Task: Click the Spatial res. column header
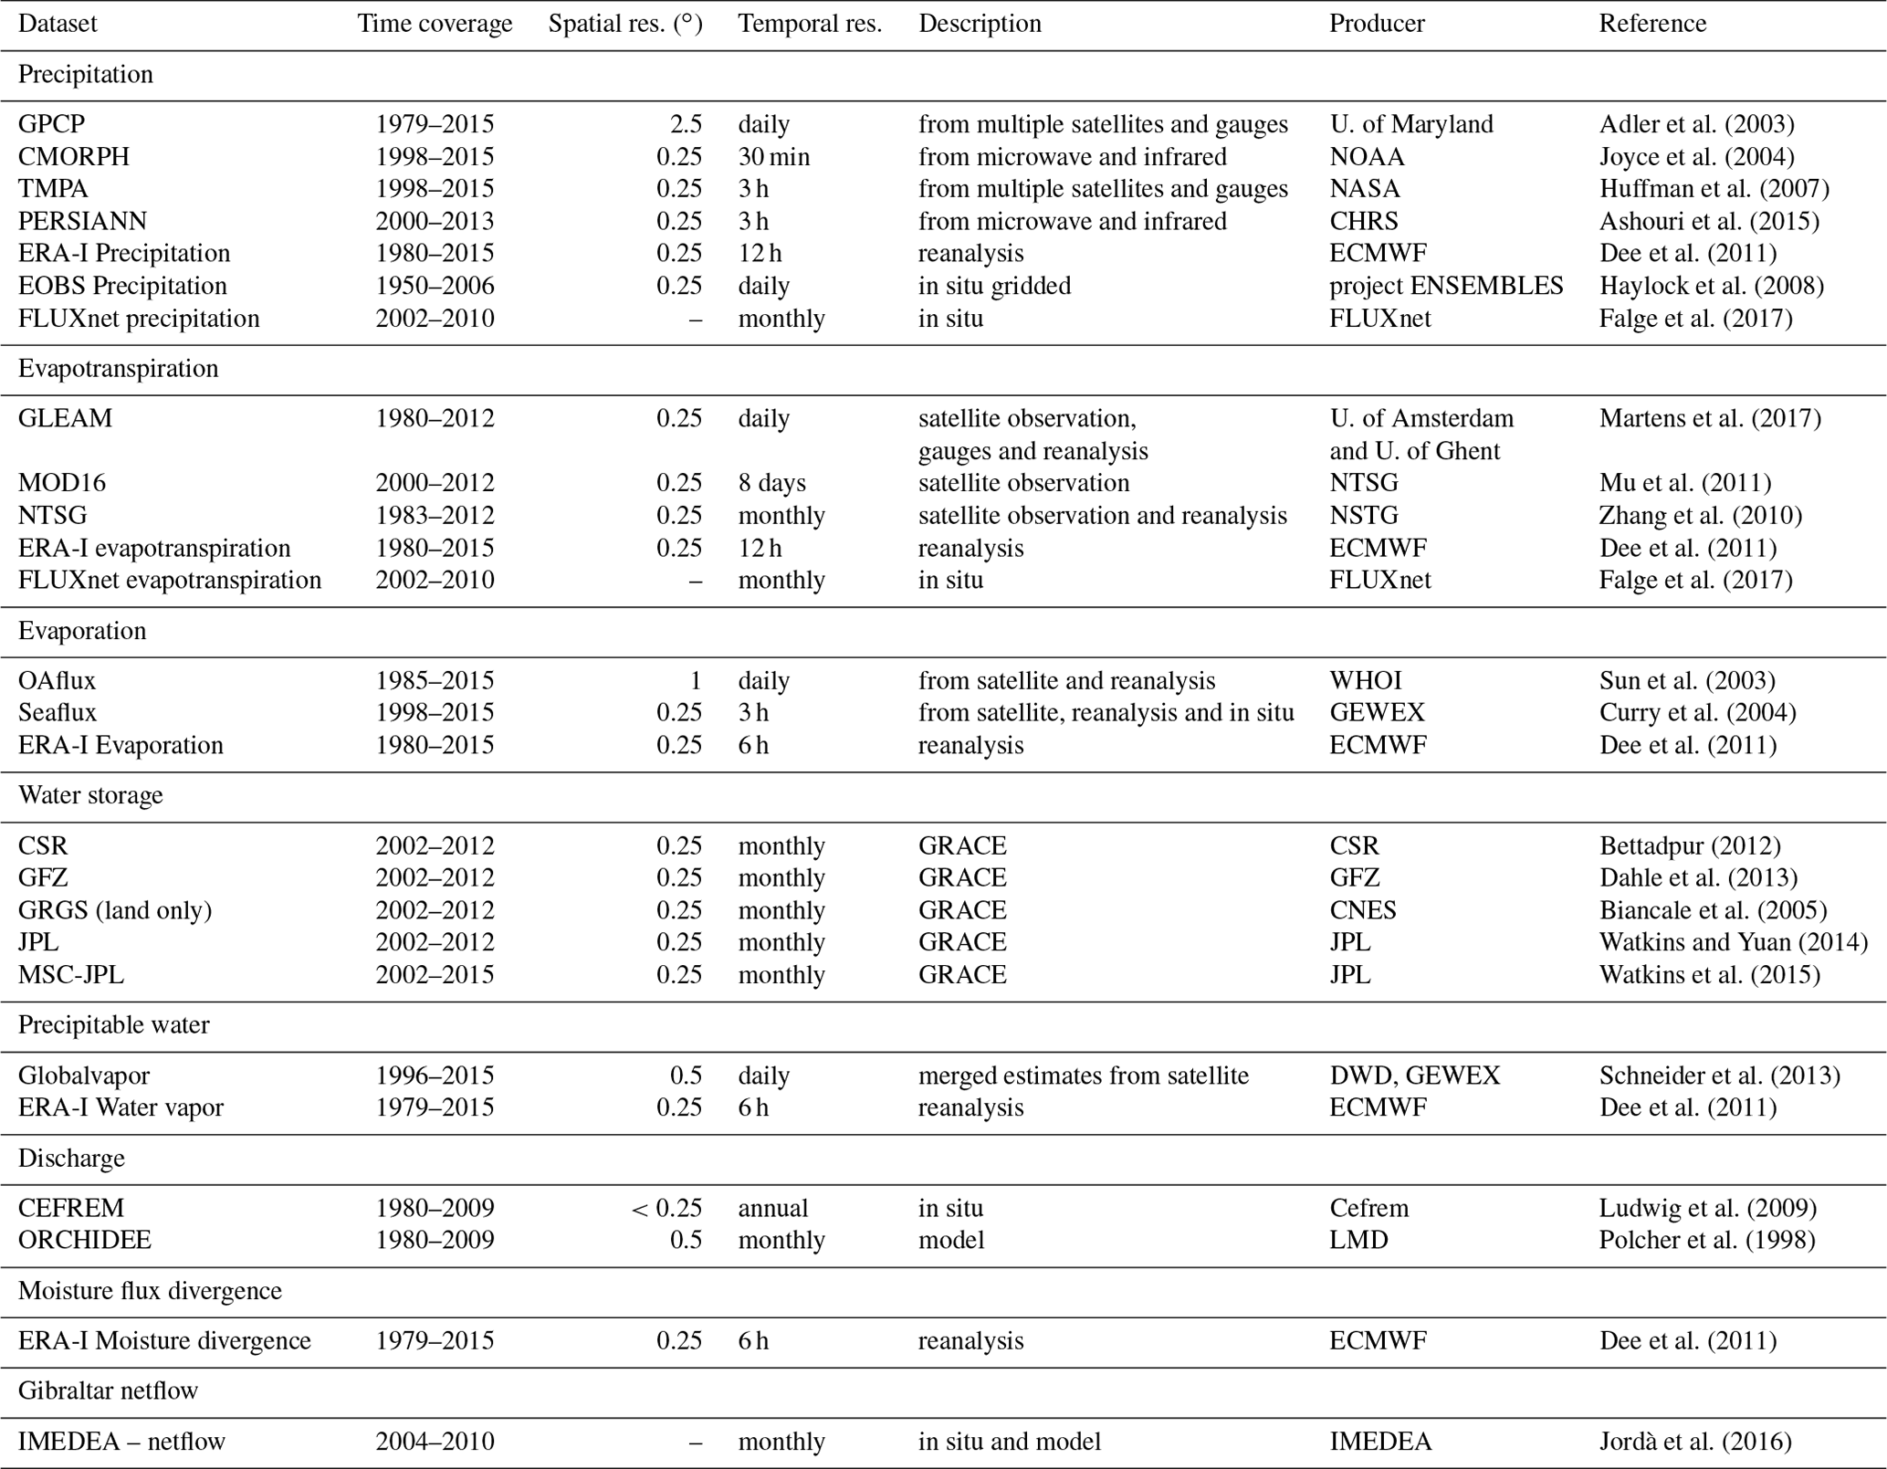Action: tap(624, 24)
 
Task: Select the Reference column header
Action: tap(1651, 24)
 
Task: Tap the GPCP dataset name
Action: tap(51, 124)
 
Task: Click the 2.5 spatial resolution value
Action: tap(686, 124)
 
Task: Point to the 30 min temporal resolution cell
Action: tap(773, 157)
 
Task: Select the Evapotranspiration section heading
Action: tap(118, 369)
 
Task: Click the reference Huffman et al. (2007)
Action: tap(1714, 189)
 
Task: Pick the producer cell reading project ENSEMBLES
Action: tap(1445, 286)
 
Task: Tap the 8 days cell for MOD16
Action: tap(771, 483)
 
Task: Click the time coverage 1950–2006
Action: tap(435, 286)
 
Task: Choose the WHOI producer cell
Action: tap(1365, 681)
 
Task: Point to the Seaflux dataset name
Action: tap(57, 713)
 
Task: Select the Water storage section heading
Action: tap(90, 795)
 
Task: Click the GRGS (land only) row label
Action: tap(115, 910)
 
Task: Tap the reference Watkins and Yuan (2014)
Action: tap(1733, 942)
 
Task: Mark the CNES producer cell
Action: tap(1362, 910)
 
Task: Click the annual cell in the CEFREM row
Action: tap(772, 1208)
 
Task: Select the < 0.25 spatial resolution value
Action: tap(666, 1208)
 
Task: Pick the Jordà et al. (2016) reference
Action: tap(1694, 1442)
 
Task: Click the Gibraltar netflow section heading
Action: tap(108, 1391)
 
